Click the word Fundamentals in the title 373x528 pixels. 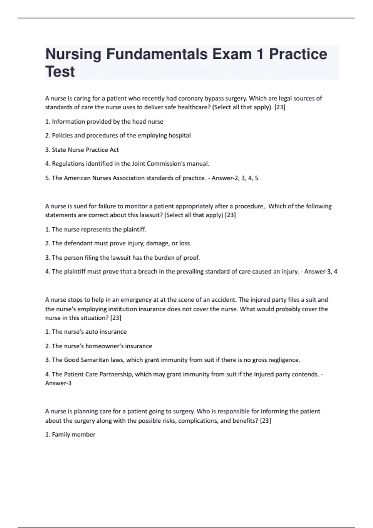(157, 54)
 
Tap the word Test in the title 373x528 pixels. (60, 72)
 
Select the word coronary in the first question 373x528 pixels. (191, 98)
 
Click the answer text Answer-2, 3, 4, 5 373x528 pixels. (235, 178)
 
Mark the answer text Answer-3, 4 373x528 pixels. (320, 272)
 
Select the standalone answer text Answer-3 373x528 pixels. (58, 383)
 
